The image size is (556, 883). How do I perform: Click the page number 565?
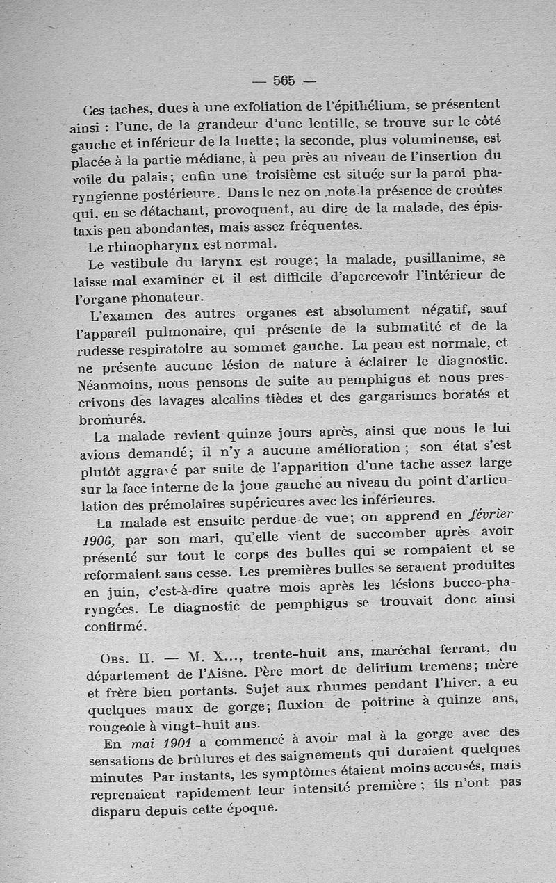tap(284, 80)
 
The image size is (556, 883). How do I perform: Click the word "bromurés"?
tap(111, 419)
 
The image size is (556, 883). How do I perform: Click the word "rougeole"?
tap(120, 726)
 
